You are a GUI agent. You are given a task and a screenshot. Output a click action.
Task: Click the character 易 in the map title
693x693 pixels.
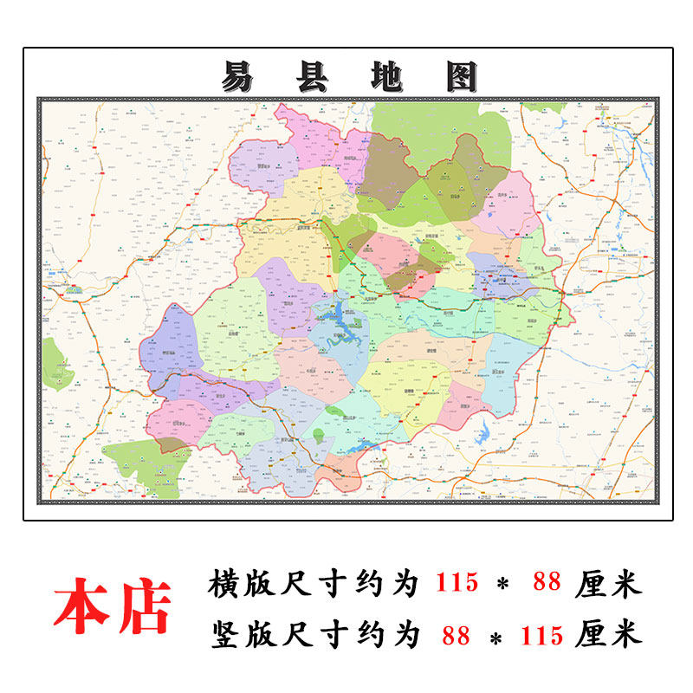coord(237,78)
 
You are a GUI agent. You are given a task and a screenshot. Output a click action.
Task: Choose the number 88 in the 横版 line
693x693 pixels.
coord(547,584)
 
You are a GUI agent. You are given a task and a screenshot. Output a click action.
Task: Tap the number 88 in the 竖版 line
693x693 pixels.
coord(456,636)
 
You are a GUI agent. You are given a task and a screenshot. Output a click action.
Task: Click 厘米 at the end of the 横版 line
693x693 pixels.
coord(608,584)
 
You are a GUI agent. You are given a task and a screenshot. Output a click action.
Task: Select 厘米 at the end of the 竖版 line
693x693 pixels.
coord(608,636)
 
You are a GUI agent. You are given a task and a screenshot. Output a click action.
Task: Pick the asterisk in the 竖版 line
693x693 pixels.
coord(497,638)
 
